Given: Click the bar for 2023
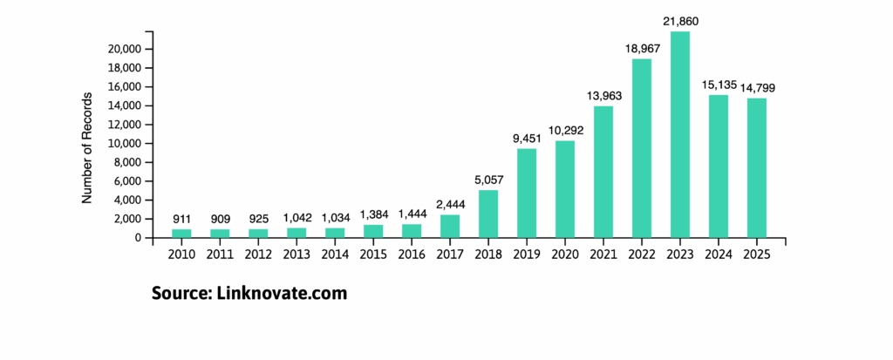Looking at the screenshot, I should click(679, 134).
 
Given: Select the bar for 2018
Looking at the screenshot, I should click(487, 214).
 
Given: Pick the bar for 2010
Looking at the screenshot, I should click(181, 233).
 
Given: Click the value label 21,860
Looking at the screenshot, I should click(679, 21).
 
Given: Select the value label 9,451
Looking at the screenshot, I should click(526, 138).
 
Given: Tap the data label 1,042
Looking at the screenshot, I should click(297, 217).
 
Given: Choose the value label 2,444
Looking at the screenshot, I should click(450, 204).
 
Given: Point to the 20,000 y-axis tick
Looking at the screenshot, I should click(129, 50).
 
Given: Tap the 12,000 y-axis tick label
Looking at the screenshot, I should click(129, 125).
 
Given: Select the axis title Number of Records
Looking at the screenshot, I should click(87, 145).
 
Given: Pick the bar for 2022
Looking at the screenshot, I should click(641, 148).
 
